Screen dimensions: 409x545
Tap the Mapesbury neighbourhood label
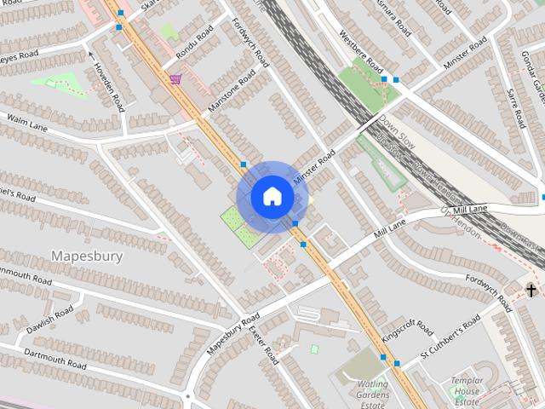pos(87,256)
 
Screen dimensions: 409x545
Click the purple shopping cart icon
pos(175,79)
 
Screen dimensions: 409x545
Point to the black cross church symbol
pos(531,291)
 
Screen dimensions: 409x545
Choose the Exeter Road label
pos(266,340)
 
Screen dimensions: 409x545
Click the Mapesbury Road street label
pos(232,335)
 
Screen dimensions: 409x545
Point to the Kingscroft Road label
pos(406,330)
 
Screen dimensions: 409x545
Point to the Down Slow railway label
pos(397,130)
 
